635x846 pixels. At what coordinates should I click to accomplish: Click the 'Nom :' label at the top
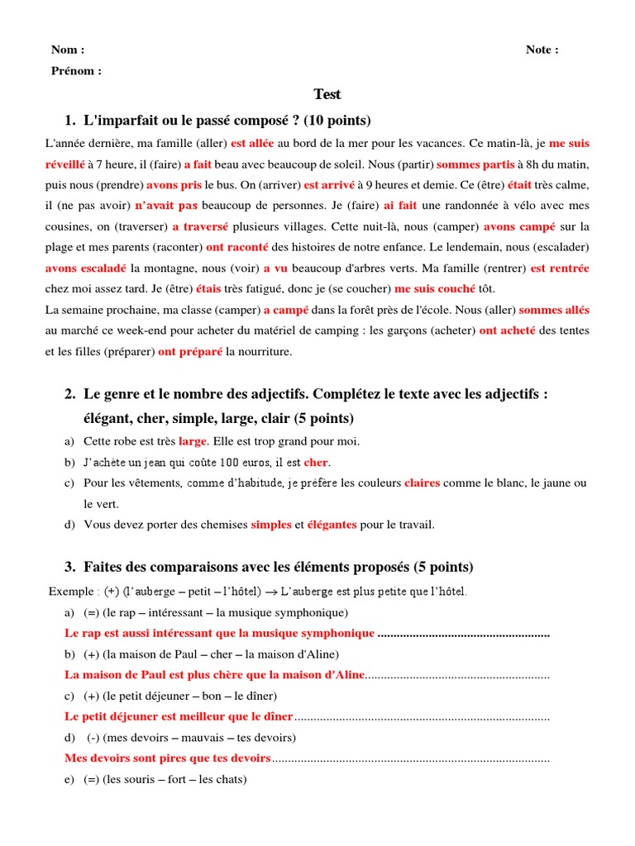[x=68, y=50]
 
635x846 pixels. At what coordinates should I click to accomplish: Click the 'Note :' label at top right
[x=542, y=50]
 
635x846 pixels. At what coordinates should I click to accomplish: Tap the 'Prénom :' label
[x=76, y=71]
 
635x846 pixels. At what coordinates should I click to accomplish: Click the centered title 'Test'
[x=327, y=94]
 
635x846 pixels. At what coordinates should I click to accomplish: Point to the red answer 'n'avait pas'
[x=166, y=206]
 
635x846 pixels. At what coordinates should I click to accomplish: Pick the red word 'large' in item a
[x=192, y=441]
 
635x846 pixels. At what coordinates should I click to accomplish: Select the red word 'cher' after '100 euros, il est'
[x=316, y=462]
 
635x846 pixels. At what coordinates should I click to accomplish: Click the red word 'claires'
[x=422, y=482]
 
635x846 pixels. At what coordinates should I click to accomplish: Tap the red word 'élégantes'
[x=332, y=524]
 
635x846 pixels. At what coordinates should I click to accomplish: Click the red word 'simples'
[x=271, y=524]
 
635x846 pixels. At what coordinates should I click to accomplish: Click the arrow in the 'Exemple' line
[x=270, y=592]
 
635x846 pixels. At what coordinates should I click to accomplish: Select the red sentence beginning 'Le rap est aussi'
[x=219, y=633]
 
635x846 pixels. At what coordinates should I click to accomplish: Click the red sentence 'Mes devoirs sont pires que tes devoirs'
[x=167, y=758]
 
